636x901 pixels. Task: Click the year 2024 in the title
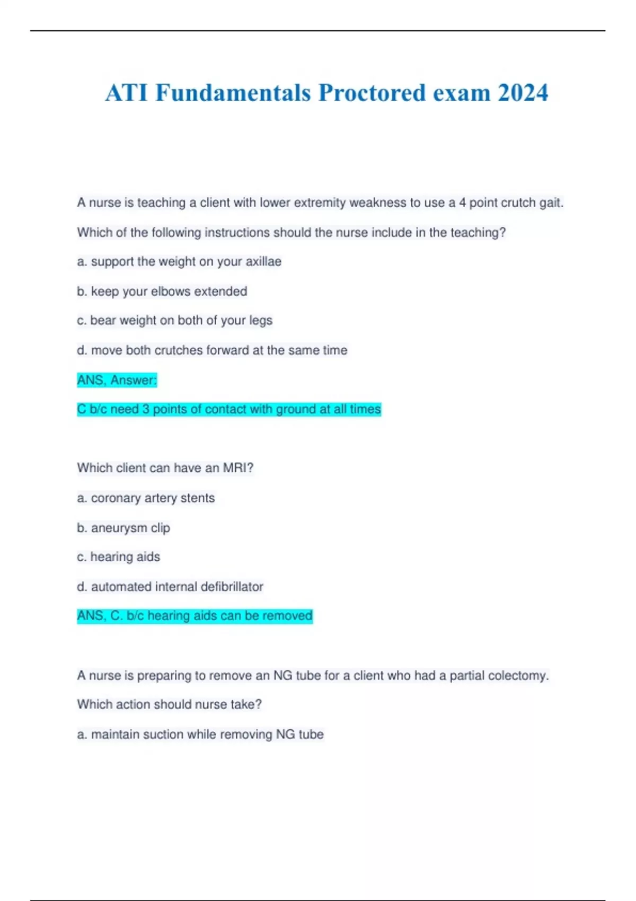523,93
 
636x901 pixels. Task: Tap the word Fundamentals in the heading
233,93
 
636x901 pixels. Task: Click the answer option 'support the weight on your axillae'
179,262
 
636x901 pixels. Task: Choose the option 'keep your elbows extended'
162,291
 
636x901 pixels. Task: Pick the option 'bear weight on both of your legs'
174,321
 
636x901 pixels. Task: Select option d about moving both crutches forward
212,350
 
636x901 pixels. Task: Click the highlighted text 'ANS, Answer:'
117,380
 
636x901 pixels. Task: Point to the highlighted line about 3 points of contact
229,409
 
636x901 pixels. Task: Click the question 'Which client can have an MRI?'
165,468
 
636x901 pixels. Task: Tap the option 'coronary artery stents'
146,498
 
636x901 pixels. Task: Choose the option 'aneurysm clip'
123,528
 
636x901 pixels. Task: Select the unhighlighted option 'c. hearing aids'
118,557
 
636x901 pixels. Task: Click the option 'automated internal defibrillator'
170,587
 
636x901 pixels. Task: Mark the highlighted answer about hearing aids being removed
195,616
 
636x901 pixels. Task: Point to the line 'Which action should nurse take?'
170,704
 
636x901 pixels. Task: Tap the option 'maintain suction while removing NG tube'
200,735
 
